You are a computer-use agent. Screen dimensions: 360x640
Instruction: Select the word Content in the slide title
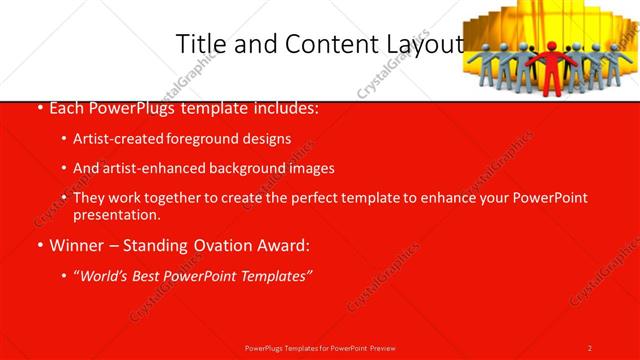326,44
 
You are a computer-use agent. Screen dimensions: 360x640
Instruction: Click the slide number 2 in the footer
590,347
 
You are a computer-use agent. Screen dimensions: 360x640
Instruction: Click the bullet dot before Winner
39,246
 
